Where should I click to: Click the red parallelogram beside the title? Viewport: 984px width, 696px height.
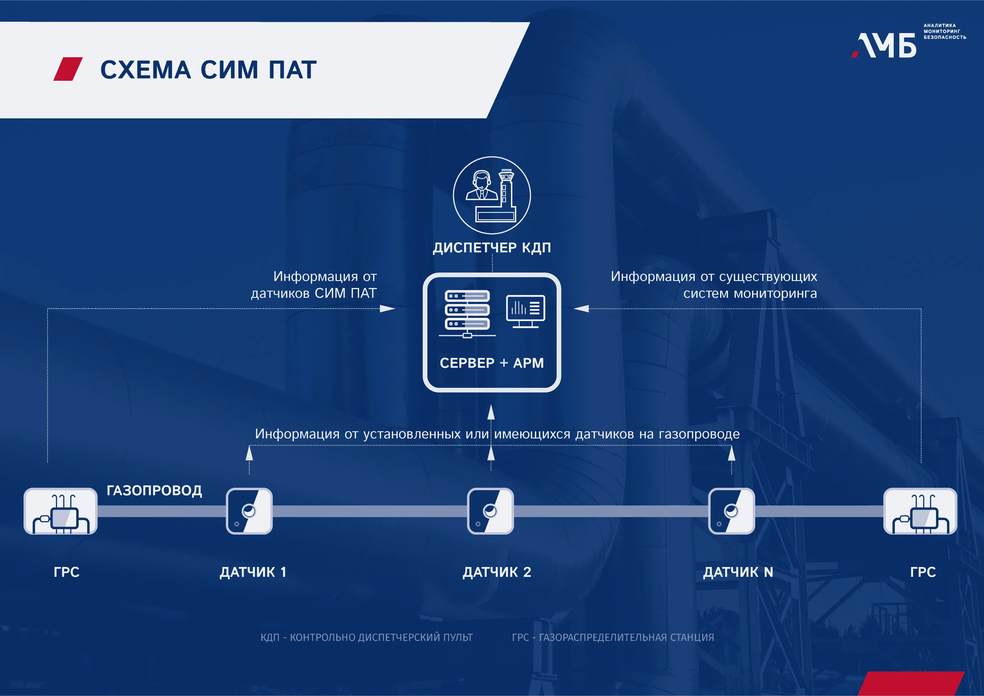coord(68,69)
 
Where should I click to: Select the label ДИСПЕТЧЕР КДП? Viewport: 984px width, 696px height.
coord(492,248)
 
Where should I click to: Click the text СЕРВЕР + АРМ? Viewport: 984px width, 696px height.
coord(492,363)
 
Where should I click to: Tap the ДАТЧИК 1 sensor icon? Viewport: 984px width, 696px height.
coord(249,511)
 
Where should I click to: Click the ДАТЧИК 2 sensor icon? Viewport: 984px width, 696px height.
coord(490,511)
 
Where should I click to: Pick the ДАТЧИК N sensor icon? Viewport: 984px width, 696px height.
coord(732,511)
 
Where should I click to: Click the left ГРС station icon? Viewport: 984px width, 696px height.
coord(60,511)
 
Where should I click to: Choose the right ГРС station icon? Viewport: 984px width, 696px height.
coord(920,511)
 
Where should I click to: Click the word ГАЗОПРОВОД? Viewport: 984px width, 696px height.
coord(154,490)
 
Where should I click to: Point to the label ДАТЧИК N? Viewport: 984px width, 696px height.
coord(738,572)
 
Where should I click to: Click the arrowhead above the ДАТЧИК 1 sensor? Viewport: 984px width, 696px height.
coord(249,453)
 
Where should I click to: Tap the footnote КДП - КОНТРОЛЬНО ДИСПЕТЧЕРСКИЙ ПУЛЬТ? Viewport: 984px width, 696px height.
coord(367,637)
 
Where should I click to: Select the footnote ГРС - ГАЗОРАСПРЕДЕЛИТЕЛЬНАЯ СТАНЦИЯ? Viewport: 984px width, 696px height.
coord(613,637)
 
